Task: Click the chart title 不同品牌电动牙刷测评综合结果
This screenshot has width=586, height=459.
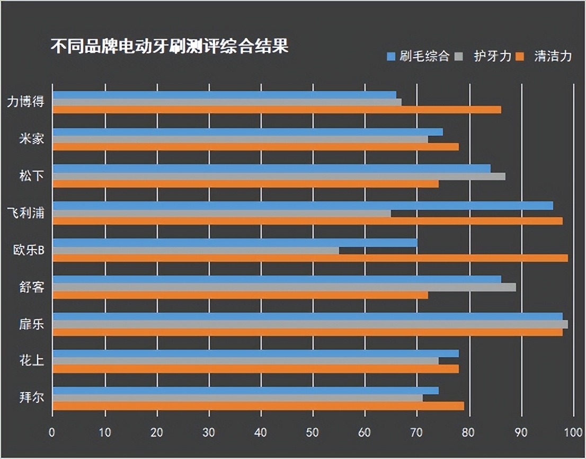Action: click(x=170, y=47)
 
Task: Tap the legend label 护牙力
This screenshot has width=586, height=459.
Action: click(x=493, y=56)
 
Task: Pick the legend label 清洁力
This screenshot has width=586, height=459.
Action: click(x=553, y=56)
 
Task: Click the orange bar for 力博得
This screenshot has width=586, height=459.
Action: click(x=277, y=110)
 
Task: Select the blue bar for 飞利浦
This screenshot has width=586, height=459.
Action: click(x=303, y=206)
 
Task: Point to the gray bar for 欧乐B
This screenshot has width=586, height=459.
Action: click(x=196, y=250)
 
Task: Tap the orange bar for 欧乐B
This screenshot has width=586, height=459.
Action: click(x=310, y=258)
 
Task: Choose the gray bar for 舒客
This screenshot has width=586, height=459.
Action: click(x=284, y=287)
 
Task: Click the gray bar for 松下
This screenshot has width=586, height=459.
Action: click(x=279, y=176)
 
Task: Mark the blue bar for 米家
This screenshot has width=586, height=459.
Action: click(x=247, y=132)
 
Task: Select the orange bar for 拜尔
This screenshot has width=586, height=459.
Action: click(x=258, y=406)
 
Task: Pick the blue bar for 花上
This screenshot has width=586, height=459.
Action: click(x=255, y=354)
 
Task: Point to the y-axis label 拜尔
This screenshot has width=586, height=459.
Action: click(x=31, y=398)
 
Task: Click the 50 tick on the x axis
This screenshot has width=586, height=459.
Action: click(x=312, y=432)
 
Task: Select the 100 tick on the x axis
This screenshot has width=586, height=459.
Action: click(x=573, y=432)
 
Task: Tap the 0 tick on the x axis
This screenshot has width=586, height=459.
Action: click(x=52, y=432)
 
